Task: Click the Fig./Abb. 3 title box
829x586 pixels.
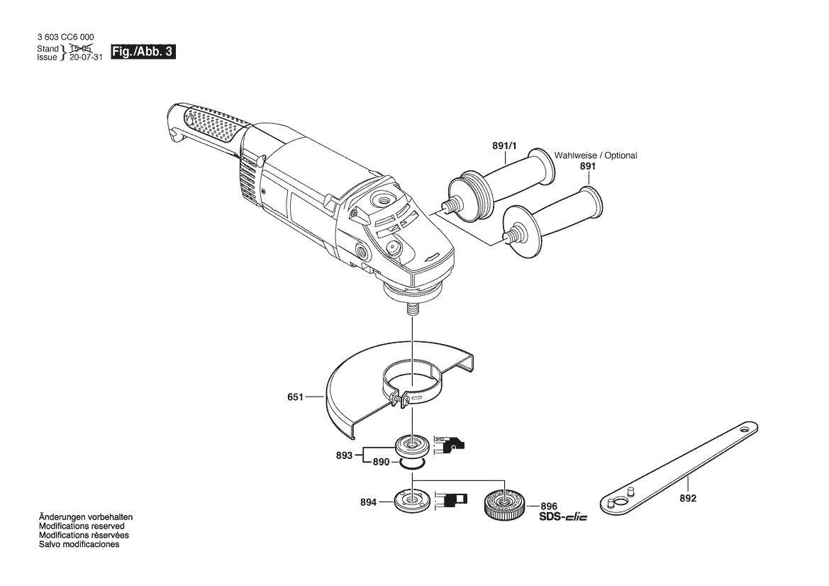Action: (x=143, y=52)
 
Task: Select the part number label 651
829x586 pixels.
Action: (x=295, y=397)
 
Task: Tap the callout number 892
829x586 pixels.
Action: (x=688, y=498)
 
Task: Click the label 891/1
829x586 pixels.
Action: (x=504, y=145)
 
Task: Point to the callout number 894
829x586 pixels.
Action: (x=369, y=502)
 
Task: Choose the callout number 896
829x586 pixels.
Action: (x=549, y=506)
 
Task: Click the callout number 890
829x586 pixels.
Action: (x=382, y=462)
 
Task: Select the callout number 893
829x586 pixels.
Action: (x=344, y=455)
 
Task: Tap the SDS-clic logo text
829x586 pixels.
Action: (x=563, y=517)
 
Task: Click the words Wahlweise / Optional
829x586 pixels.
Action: (x=595, y=155)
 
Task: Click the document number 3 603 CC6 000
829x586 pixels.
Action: (x=65, y=37)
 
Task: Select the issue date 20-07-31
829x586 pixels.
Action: (x=86, y=57)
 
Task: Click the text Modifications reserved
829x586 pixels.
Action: (x=82, y=526)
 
